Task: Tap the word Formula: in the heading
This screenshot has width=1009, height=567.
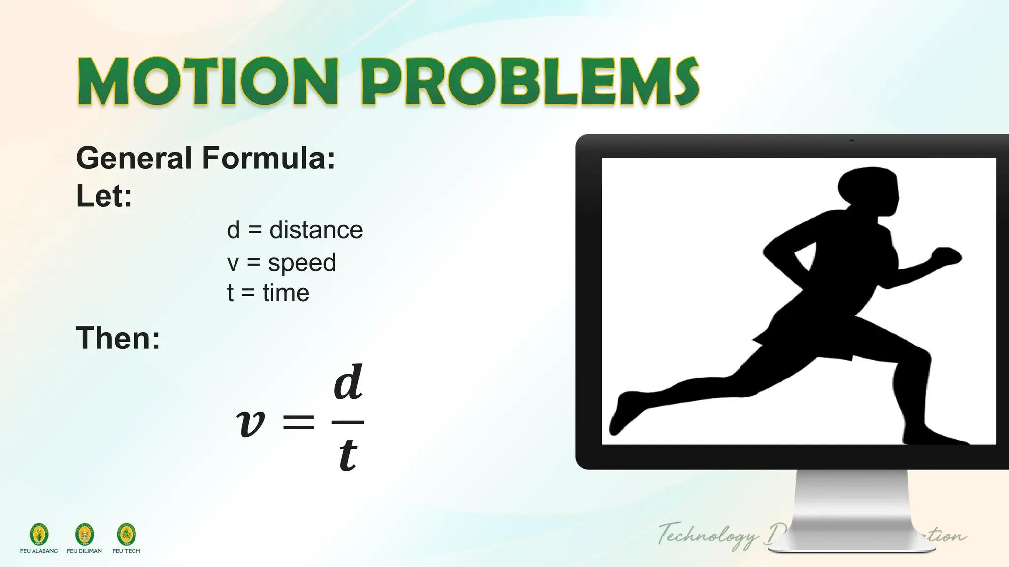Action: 269,158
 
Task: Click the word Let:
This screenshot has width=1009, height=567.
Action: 104,196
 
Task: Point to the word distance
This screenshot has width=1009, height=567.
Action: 316,230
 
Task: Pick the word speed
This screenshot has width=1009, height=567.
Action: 302,262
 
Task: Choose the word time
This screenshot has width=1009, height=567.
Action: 286,293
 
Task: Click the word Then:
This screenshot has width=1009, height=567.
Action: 118,338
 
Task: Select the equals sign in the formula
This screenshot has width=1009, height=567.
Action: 298,422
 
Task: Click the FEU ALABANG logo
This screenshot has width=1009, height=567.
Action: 39,535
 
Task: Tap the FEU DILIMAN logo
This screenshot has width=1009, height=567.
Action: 84,535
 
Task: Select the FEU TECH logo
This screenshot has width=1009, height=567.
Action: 127,535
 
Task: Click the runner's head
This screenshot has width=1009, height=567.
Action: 868,188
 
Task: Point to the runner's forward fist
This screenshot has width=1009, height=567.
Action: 945,257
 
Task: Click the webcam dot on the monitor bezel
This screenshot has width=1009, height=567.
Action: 852,141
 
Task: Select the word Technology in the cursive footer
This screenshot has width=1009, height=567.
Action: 708,535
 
